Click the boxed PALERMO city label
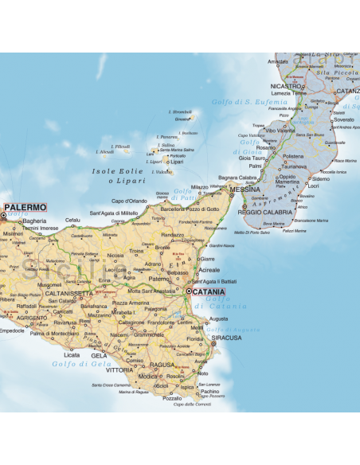(26, 207)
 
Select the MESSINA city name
(245, 190)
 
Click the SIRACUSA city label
(226, 338)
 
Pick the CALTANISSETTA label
(70, 293)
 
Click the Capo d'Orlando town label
(129, 201)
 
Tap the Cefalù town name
(73, 220)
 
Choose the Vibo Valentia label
(280, 130)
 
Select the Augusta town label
(217, 318)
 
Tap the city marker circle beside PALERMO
(4, 214)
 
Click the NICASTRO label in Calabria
(286, 85)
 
